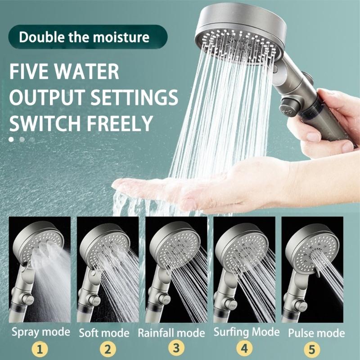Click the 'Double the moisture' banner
pos(84,36)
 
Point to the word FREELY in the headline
pos(117,122)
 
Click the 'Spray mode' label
pos(40,333)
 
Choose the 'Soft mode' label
pos(104,333)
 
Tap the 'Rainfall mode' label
pos(171,333)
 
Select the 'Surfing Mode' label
pos(246,333)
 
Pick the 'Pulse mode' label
pos(316,333)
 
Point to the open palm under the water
pos(189,184)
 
